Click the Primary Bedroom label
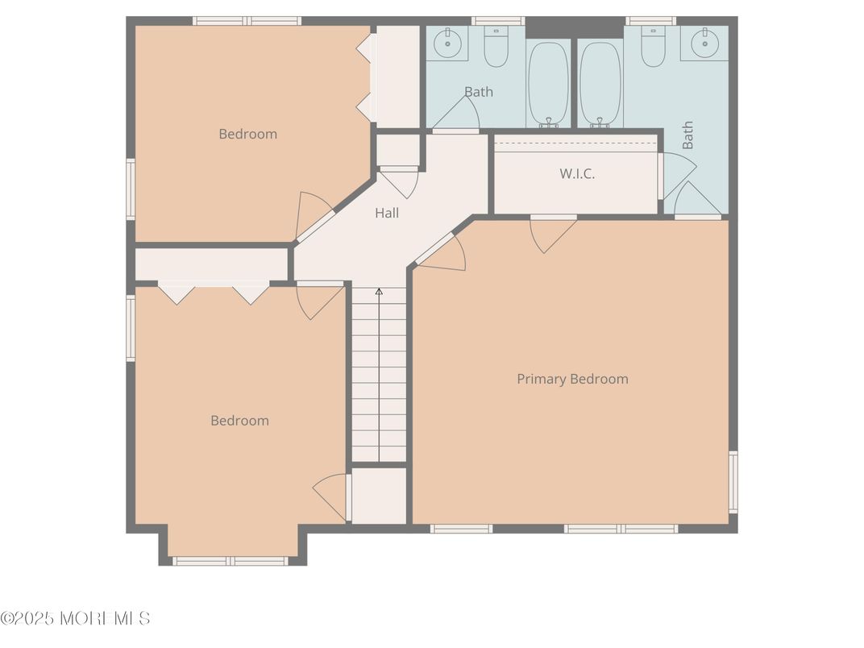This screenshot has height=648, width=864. click(572, 379)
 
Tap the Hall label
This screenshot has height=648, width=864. click(387, 213)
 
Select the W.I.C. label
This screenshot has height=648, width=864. click(577, 173)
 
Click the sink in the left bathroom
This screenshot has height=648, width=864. click(447, 44)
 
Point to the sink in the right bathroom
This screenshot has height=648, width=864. click(704, 44)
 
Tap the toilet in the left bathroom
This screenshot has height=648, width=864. click(496, 46)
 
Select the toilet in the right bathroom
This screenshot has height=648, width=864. click(653, 46)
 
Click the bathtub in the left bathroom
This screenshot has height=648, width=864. click(548, 82)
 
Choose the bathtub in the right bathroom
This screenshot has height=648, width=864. click(600, 82)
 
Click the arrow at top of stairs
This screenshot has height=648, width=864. click(379, 291)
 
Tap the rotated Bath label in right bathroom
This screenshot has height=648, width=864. click(687, 135)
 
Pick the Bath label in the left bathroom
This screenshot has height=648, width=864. click(478, 92)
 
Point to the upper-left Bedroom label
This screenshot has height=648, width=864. click(247, 134)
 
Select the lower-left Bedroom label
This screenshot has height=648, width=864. click(239, 420)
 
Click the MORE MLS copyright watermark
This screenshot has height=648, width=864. click(75, 618)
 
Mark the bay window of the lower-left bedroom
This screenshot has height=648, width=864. click(231, 560)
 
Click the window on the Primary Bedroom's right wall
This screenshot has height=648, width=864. click(733, 481)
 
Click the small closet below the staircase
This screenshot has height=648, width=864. click(379, 495)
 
